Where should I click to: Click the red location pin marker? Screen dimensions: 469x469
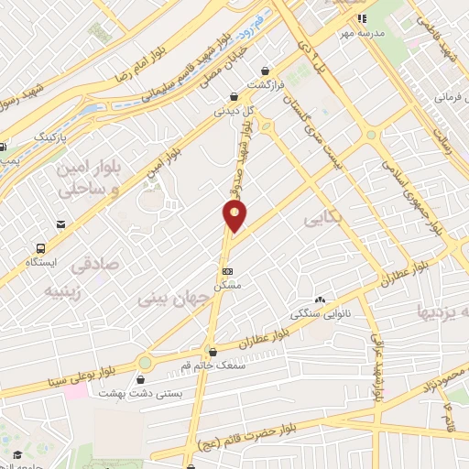[235, 216]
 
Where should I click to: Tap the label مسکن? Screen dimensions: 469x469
[227, 286]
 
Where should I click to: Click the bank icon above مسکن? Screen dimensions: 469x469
[227, 271]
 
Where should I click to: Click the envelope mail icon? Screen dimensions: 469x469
[60, 224]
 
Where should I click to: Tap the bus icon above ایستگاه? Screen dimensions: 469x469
[40, 248]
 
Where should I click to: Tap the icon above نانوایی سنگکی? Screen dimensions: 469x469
[321, 300]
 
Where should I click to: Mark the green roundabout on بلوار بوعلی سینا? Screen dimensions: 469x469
[145, 363]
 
